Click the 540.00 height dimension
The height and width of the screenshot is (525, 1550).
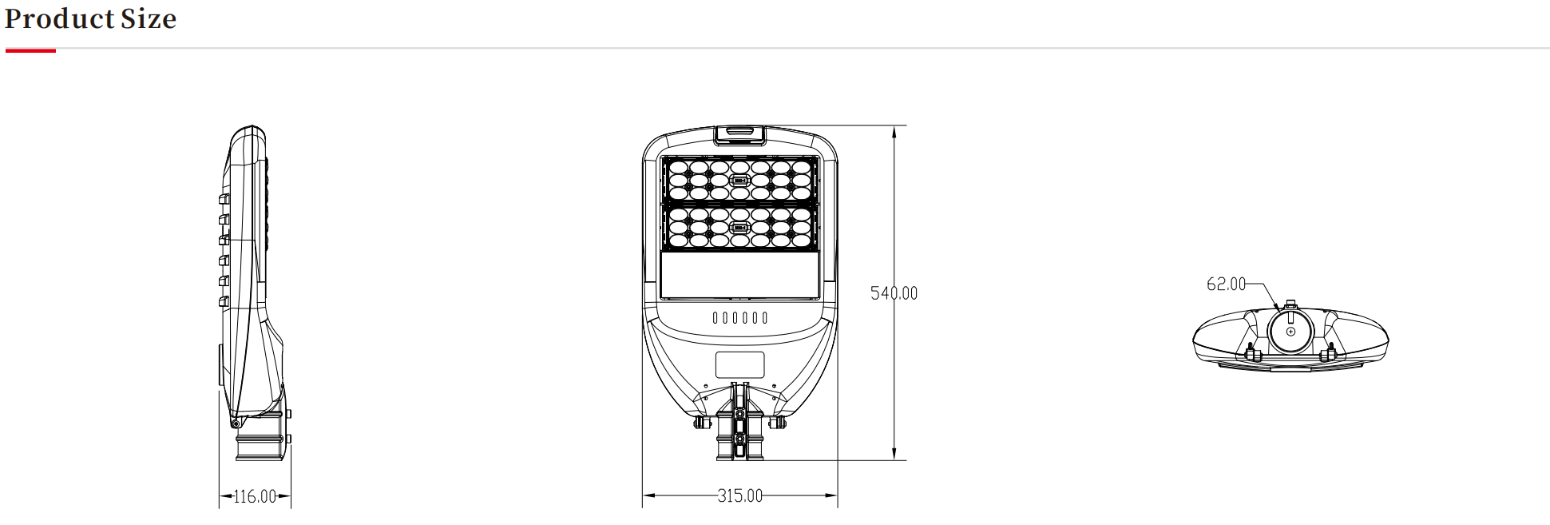[x=894, y=293]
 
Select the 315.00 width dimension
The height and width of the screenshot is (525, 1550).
[x=739, y=496]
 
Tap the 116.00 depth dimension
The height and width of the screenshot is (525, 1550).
[x=255, y=497]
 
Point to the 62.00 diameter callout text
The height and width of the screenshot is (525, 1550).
[x=1226, y=284]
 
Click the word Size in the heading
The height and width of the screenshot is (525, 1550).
[x=149, y=18]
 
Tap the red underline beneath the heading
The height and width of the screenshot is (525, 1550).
[x=30, y=51]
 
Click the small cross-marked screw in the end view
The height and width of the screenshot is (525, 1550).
[x=1290, y=332]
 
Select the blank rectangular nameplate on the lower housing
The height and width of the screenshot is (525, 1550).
[x=739, y=365]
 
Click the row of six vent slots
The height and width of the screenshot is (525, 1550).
[x=739, y=318]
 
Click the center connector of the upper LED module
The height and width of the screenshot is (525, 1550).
[x=739, y=181]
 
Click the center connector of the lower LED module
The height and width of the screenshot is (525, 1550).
[x=739, y=228]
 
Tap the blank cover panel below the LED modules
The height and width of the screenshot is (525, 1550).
[x=739, y=276]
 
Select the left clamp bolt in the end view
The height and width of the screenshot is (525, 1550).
[x=1250, y=352]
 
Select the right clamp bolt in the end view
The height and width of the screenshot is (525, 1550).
[x=1329, y=352]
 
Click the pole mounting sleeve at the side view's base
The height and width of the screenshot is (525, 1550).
[x=260, y=443]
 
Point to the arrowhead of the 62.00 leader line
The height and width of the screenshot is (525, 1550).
[x=1277, y=306]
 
